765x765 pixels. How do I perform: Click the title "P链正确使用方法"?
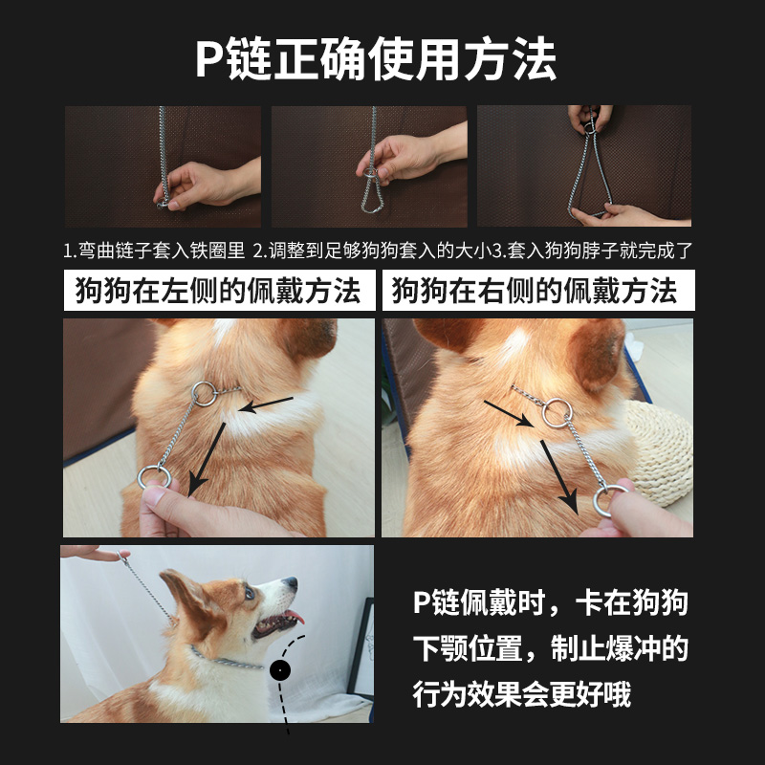click(376, 60)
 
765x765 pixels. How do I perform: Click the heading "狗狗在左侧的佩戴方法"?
click(218, 291)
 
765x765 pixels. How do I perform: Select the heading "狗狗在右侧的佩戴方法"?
click(535, 291)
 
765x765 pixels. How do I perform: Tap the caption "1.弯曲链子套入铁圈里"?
click(154, 251)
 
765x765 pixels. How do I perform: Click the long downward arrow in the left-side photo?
click(208, 460)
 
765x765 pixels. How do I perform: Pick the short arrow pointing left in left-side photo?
click(267, 404)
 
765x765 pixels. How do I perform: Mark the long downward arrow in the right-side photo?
click(558, 477)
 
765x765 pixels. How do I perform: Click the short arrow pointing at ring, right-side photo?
click(509, 414)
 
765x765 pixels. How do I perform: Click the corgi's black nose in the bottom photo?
click(291, 582)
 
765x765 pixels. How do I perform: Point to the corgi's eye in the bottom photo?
click(250, 592)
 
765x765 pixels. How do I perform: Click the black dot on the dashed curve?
click(280, 670)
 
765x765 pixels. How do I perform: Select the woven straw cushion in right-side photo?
click(660, 451)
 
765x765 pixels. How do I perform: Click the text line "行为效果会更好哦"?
click(521, 694)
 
